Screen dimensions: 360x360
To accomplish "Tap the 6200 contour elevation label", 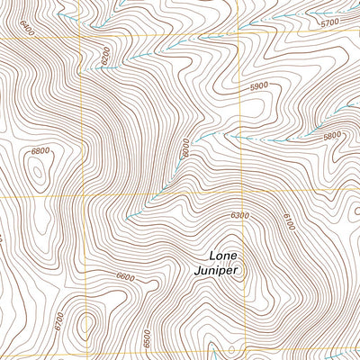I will tap(105, 55).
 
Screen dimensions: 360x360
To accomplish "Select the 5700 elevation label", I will tap(329, 22).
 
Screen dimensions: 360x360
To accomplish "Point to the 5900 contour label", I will tap(259, 85).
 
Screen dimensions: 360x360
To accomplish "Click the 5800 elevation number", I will tap(332, 136).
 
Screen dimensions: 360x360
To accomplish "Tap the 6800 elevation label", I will tap(40, 151).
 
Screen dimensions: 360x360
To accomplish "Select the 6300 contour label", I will tap(238, 215).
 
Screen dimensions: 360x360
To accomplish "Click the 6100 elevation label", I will tap(287, 220).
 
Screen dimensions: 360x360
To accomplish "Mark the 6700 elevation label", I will tap(58, 320).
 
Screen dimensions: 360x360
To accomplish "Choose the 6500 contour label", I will tap(147, 338).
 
